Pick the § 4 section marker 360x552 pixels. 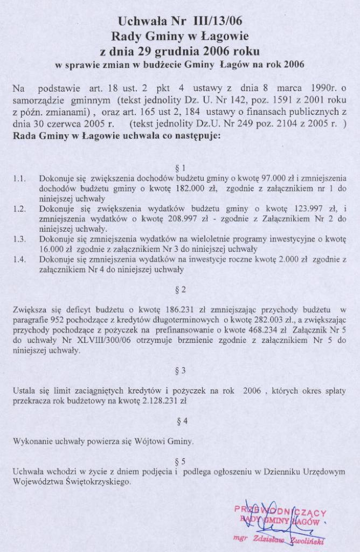coord(181,420)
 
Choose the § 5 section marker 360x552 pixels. coord(181,461)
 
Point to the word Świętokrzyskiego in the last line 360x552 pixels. coord(95,481)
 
